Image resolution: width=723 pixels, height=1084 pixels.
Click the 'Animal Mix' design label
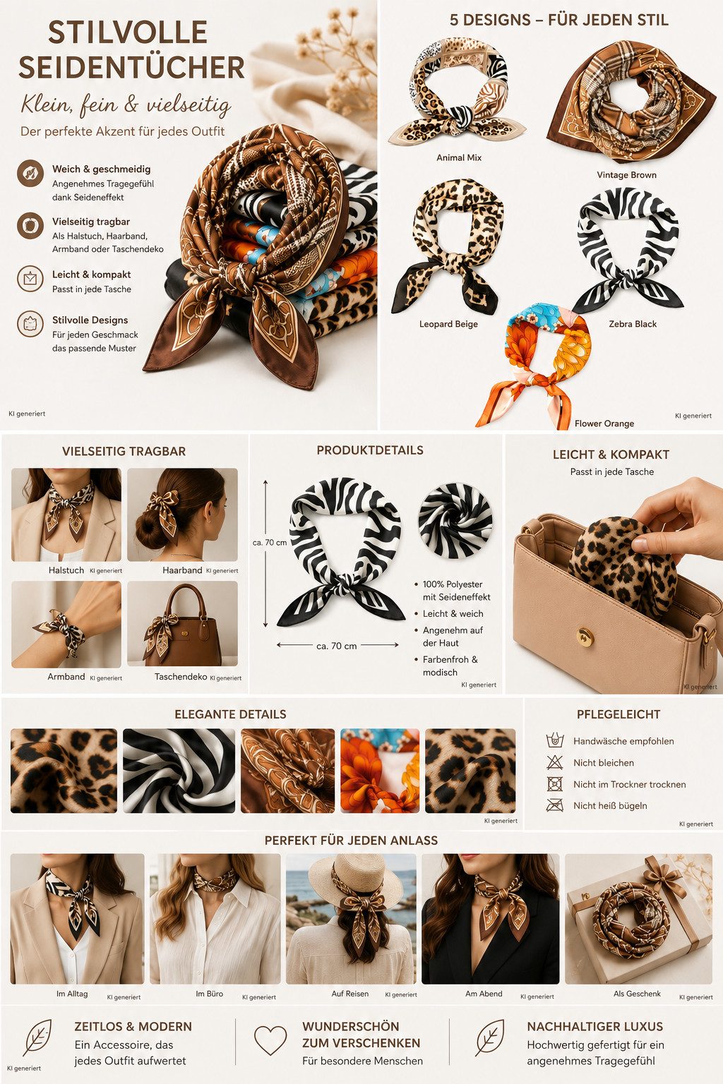pos(459,158)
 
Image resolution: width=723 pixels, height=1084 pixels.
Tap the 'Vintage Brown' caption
pos(627,175)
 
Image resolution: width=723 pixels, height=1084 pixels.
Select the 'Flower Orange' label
pos(604,423)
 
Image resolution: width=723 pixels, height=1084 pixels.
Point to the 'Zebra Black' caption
pos(633,324)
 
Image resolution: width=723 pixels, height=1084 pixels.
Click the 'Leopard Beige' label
pos(448,324)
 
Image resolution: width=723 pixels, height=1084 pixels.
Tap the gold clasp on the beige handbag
pos(585,635)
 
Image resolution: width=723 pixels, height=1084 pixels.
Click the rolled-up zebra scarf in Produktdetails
pos(455,521)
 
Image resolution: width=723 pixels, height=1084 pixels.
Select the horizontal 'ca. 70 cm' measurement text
pos(337,646)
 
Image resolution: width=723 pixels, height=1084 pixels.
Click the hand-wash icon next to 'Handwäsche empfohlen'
pos(555,741)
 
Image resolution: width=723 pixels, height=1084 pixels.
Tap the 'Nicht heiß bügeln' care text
pos(610,806)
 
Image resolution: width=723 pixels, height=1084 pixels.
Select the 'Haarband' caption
pos(182,570)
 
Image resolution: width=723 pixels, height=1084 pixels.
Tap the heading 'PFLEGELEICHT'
pos(619,714)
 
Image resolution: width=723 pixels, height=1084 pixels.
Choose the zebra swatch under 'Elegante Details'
pos(179,771)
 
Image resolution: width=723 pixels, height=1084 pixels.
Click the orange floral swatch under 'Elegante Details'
pos(380,771)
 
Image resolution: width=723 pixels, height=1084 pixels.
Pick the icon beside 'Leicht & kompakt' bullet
pos(30,279)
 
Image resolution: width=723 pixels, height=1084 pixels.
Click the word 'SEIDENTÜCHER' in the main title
pos(132,67)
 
